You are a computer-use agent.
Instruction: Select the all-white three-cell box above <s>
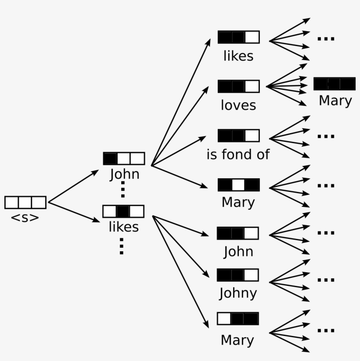pos(25,202)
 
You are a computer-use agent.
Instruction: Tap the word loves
pos(238,105)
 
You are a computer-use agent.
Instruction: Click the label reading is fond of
pos(238,155)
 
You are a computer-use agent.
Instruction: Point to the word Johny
pos(238,293)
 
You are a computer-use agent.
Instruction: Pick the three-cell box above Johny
pos(238,275)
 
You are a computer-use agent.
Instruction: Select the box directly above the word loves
pos(238,86)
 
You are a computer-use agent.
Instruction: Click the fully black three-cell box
pos(334,84)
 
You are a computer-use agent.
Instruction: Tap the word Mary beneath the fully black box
pos(335,101)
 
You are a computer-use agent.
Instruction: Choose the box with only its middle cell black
pos(123,211)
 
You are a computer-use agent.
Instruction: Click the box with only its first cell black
pos(124,158)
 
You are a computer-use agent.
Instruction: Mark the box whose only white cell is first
pos(238,318)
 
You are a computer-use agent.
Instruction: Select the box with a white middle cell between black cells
pos(238,185)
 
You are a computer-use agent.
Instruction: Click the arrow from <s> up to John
pos(73,187)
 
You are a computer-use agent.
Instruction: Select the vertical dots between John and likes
pos(123,189)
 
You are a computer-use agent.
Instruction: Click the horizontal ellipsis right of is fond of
pos(326,136)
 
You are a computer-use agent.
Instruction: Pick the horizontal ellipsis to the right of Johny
pos(326,279)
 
